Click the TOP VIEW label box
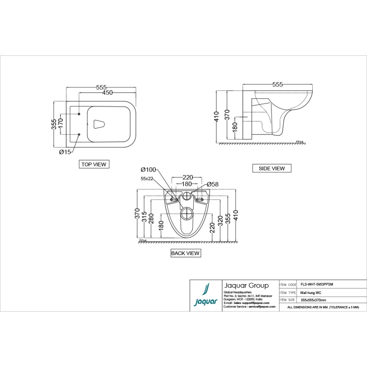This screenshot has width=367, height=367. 94,164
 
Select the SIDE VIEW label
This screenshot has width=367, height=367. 271,168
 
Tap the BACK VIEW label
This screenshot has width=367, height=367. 185,253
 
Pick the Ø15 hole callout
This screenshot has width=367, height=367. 65,152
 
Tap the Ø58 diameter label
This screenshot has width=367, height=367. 213,184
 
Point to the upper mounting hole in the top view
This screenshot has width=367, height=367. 79,114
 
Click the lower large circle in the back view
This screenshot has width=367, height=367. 187,214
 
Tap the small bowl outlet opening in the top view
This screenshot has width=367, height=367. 99,124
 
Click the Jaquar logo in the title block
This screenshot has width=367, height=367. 206,296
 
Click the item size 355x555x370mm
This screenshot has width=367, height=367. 313,300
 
